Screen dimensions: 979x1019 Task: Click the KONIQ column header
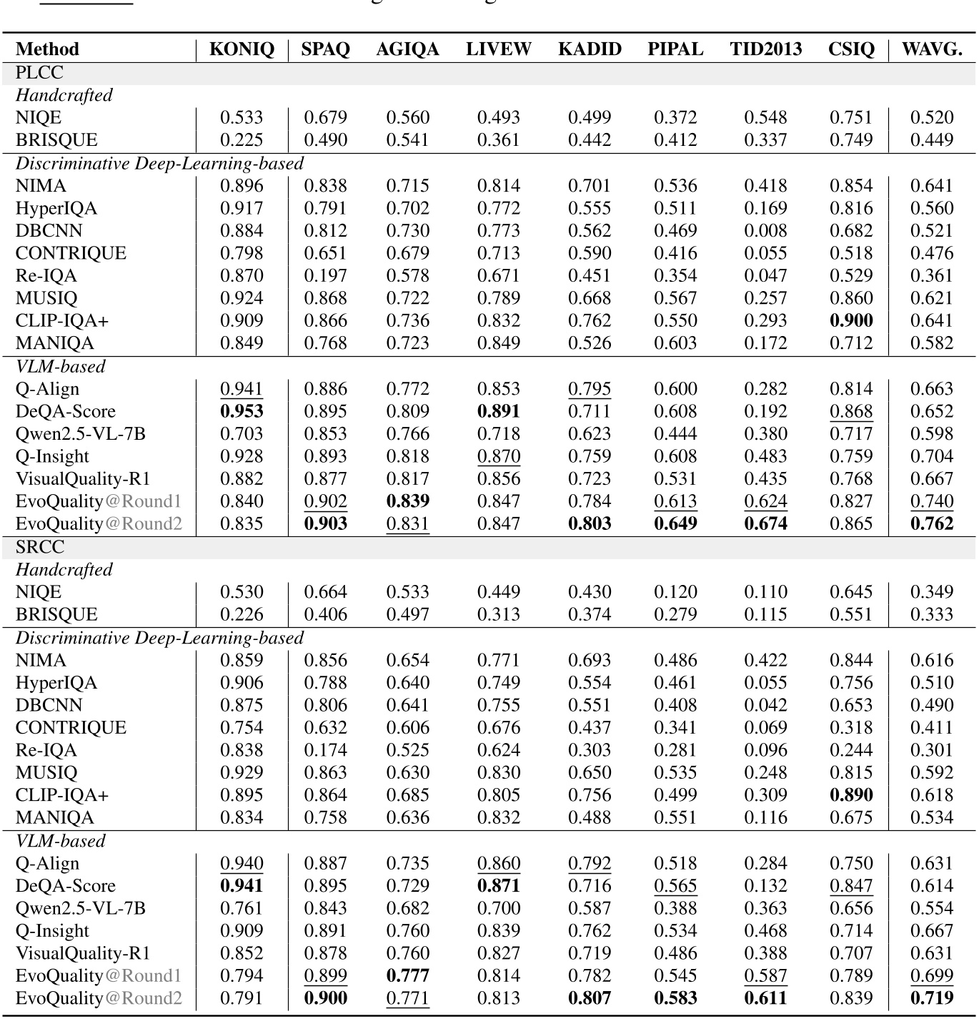pos(242,49)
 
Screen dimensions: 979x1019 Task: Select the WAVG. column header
pos(932,49)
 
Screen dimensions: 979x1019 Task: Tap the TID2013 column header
pos(765,49)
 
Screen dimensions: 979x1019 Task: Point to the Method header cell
pos(47,49)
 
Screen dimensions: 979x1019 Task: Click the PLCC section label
pos(39,73)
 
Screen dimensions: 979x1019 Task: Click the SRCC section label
pos(40,547)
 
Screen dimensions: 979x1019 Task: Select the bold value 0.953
pos(242,411)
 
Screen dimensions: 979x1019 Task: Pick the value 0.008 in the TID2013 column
pos(765,231)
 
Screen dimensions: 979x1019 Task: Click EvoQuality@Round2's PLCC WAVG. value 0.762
pos(932,523)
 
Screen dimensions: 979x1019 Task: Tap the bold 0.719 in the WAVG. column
pos(932,998)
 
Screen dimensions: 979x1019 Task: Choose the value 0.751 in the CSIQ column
pos(851,117)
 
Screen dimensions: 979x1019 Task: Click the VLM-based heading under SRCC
pos(61,841)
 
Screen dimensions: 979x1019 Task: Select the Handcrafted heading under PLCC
pos(64,95)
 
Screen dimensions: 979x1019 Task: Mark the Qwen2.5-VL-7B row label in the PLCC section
pos(81,434)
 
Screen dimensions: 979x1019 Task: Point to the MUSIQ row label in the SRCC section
pos(46,772)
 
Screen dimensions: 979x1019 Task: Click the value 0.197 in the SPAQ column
pos(325,276)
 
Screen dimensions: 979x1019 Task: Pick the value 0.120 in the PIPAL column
pos(675,592)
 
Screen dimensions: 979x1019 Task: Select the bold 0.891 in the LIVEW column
pos(499,411)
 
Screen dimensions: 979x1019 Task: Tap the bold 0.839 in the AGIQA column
pos(408,501)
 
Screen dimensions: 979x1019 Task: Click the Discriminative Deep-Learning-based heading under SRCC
pos(160,638)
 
